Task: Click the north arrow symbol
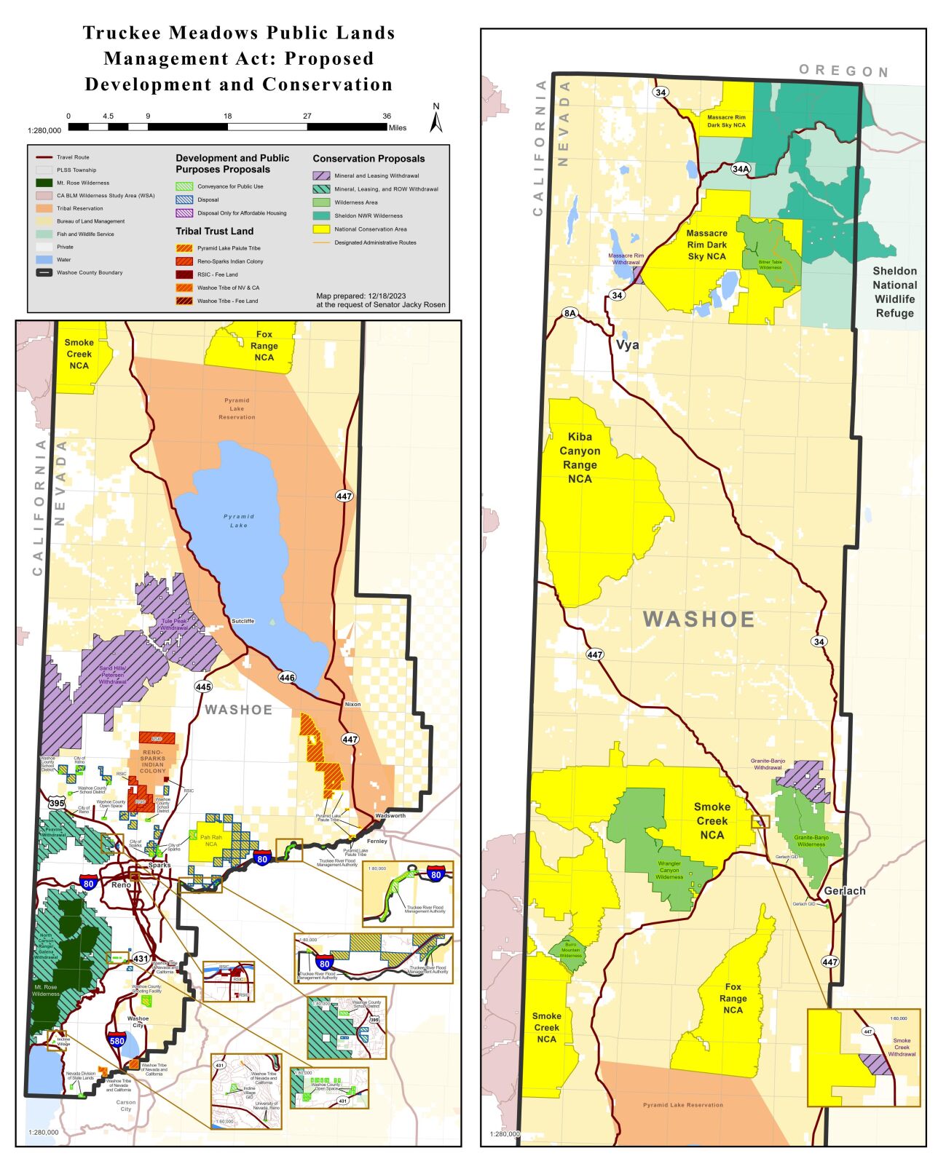click(435, 119)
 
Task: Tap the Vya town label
click(627, 345)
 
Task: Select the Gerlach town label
click(844, 891)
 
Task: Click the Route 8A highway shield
click(569, 313)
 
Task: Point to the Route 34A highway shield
click(740, 169)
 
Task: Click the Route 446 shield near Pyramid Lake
click(287, 678)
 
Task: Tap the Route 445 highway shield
click(203, 686)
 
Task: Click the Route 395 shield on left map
click(57, 804)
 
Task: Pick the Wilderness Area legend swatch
click(321, 202)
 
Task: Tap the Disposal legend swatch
click(184, 199)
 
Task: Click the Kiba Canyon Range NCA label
click(580, 457)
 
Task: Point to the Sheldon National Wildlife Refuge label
click(894, 292)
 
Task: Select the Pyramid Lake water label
click(239, 520)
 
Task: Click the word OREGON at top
click(843, 71)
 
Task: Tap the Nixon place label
click(352, 705)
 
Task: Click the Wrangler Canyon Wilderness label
click(669, 870)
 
